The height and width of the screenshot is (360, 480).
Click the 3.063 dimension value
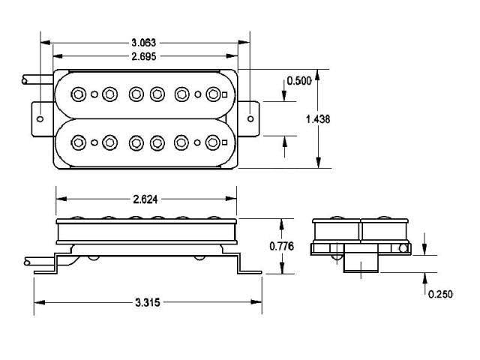click(x=143, y=43)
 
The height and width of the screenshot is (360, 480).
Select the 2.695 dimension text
click(x=143, y=56)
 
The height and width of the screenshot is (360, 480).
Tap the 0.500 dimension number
click(x=299, y=81)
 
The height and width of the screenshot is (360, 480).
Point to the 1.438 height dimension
click(x=318, y=118)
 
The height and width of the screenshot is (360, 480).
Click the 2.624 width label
click(x=145, y=199)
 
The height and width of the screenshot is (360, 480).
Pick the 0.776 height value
click(x=282, y=246)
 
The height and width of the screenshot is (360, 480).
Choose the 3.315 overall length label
click(x=148, y=302)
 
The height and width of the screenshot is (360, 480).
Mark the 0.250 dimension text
click(x=440, y=294)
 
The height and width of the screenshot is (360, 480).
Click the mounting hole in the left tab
click(x=40, y=118)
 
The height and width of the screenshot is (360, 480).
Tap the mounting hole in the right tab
click(x=250, y=118)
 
